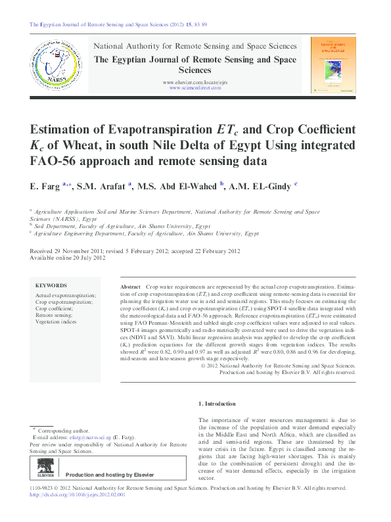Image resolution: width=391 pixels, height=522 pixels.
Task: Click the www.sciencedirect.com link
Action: click(195, 87)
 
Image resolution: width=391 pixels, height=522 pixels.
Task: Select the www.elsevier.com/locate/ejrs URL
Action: click(195, 82)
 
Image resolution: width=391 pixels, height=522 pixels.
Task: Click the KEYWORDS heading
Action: click(51, 285)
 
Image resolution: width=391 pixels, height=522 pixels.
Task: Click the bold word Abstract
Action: click(131, 288)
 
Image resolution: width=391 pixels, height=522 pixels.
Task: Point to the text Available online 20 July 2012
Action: click(68, 258)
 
